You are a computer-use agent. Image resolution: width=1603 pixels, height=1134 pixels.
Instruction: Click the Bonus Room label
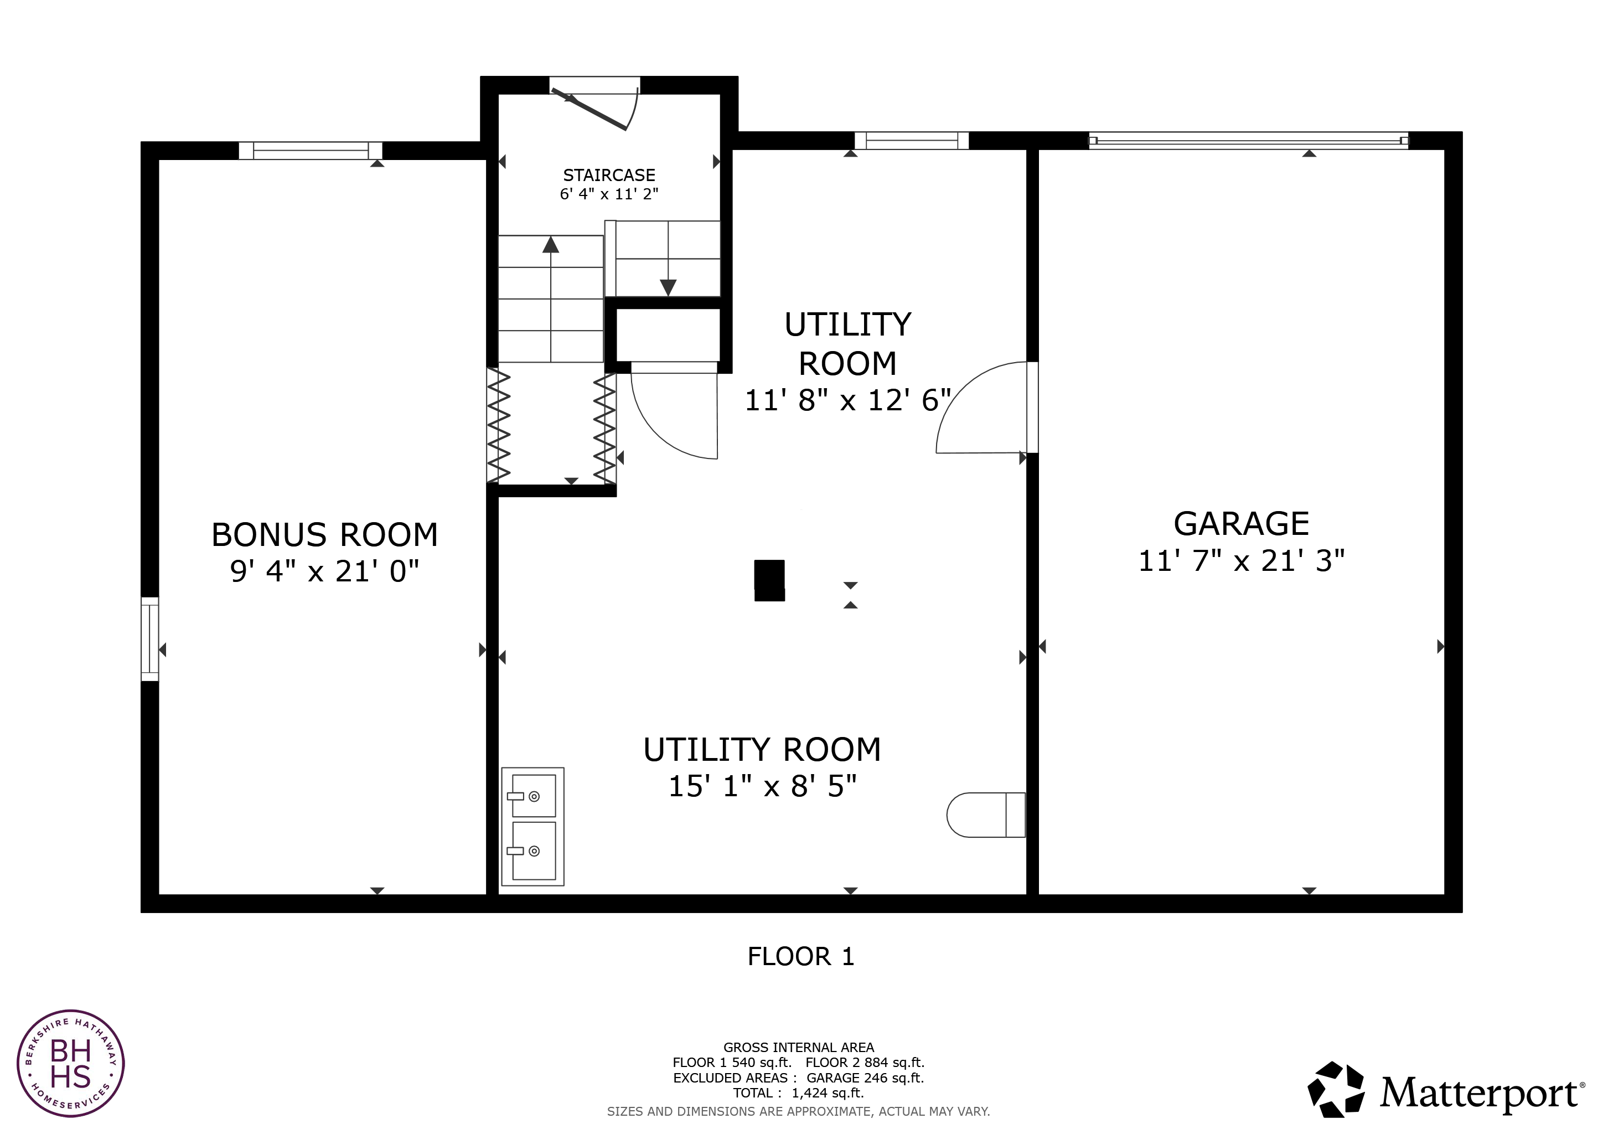325,535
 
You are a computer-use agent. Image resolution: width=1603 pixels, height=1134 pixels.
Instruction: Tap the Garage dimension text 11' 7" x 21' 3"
1242,561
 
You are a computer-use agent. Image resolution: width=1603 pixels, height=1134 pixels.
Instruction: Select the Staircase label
609,176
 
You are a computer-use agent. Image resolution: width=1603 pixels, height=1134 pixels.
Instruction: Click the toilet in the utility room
986,815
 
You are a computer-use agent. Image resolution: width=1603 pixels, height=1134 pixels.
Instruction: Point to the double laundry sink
532,827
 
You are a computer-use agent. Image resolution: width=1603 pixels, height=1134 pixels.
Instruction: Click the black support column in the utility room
769,580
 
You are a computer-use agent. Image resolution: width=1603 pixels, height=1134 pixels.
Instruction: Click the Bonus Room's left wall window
150,639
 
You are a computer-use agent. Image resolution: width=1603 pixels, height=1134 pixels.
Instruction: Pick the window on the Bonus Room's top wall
311,150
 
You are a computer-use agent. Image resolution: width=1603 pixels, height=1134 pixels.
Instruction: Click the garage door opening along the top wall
1248,140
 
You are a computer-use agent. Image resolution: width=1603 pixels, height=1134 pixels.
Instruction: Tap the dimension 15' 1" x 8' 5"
762,787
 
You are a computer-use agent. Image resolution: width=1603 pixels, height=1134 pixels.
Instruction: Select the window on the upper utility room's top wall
912,140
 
